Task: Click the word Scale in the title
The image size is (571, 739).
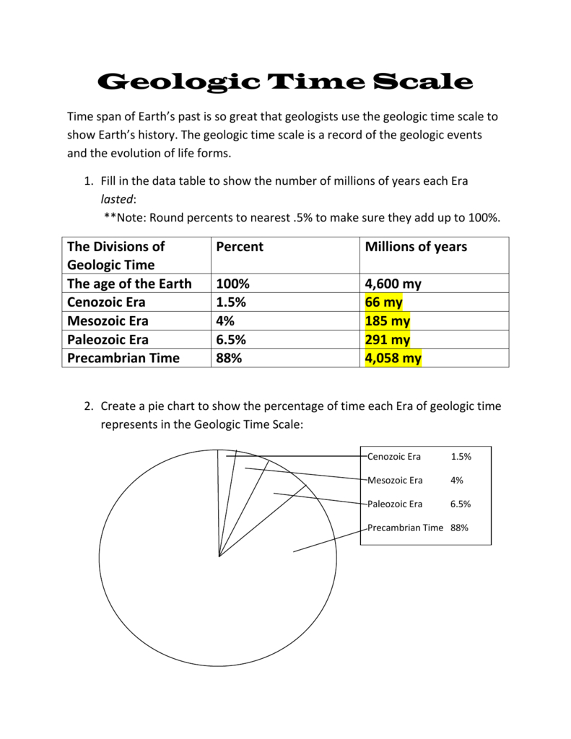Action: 424,82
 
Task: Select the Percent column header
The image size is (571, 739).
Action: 240,247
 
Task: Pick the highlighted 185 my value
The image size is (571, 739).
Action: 388,321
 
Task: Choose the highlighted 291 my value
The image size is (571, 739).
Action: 388,340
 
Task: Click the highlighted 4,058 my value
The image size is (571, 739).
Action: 393,358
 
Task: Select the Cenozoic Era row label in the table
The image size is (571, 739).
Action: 113,302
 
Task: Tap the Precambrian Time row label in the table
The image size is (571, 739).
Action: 123,358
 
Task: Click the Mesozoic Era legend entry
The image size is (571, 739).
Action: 396,480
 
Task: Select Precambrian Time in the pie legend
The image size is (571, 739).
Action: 405,528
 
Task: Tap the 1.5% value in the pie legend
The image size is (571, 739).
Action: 461,456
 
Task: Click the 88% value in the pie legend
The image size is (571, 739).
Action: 459,528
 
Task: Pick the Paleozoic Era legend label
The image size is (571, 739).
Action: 395,504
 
